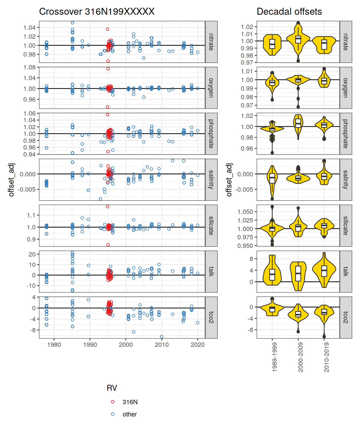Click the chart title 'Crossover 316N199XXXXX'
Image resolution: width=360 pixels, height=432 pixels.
point(97,12)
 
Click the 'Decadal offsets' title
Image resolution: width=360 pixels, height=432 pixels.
point(289,12)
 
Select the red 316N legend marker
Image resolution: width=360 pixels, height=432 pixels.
point(113,402)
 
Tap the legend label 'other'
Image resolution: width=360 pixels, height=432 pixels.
point(130,414)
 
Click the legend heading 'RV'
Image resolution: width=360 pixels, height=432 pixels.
point(112,388)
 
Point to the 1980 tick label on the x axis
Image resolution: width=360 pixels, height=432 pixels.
point(54,345)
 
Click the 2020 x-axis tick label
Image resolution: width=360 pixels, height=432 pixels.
point(198,345)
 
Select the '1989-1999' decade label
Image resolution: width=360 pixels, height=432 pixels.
point(275,357)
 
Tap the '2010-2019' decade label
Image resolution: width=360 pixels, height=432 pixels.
point(327,357)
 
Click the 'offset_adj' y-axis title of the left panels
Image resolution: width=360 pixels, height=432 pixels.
point(12,180)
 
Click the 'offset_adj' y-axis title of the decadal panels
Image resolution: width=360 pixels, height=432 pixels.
point(229,180)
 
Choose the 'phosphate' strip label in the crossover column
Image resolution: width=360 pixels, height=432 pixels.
point(211,134)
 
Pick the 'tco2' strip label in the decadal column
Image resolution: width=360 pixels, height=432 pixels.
point(346,318)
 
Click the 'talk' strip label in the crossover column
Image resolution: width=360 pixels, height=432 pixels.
point(211,271)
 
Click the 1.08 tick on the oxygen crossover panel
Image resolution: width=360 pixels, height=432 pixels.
point(29,67)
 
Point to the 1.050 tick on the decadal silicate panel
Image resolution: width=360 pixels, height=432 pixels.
point(245,212)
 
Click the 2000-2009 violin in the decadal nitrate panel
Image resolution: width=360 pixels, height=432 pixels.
point(298,40)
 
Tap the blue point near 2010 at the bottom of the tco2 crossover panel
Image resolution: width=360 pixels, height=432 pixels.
point(162,337)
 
